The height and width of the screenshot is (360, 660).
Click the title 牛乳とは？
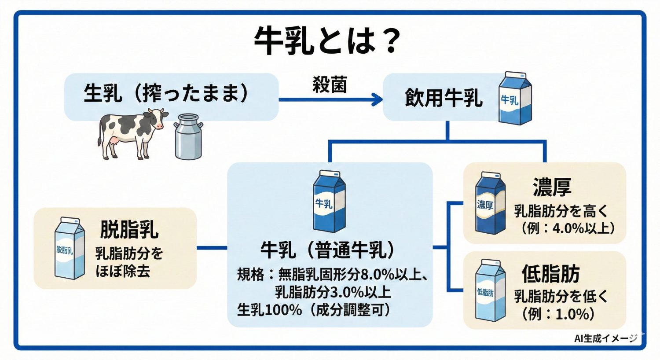[x=328, y=40]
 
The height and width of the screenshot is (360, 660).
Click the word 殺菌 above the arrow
[x=330, y=84]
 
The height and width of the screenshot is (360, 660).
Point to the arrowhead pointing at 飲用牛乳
[x=377, y=99]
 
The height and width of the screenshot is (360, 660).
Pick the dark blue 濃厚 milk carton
[x=489, y=203]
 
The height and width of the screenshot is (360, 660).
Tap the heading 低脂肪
[x=550, y=274]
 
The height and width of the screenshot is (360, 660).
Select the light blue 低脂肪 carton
[x=489, y=291]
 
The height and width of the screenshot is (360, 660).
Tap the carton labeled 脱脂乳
[x=69, y=248]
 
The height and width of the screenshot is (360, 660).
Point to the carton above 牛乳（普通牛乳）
[x=329, y=202]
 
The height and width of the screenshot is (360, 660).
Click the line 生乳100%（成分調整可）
[x=314, y=310]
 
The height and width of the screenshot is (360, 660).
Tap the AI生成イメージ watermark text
[x=605, y=338]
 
